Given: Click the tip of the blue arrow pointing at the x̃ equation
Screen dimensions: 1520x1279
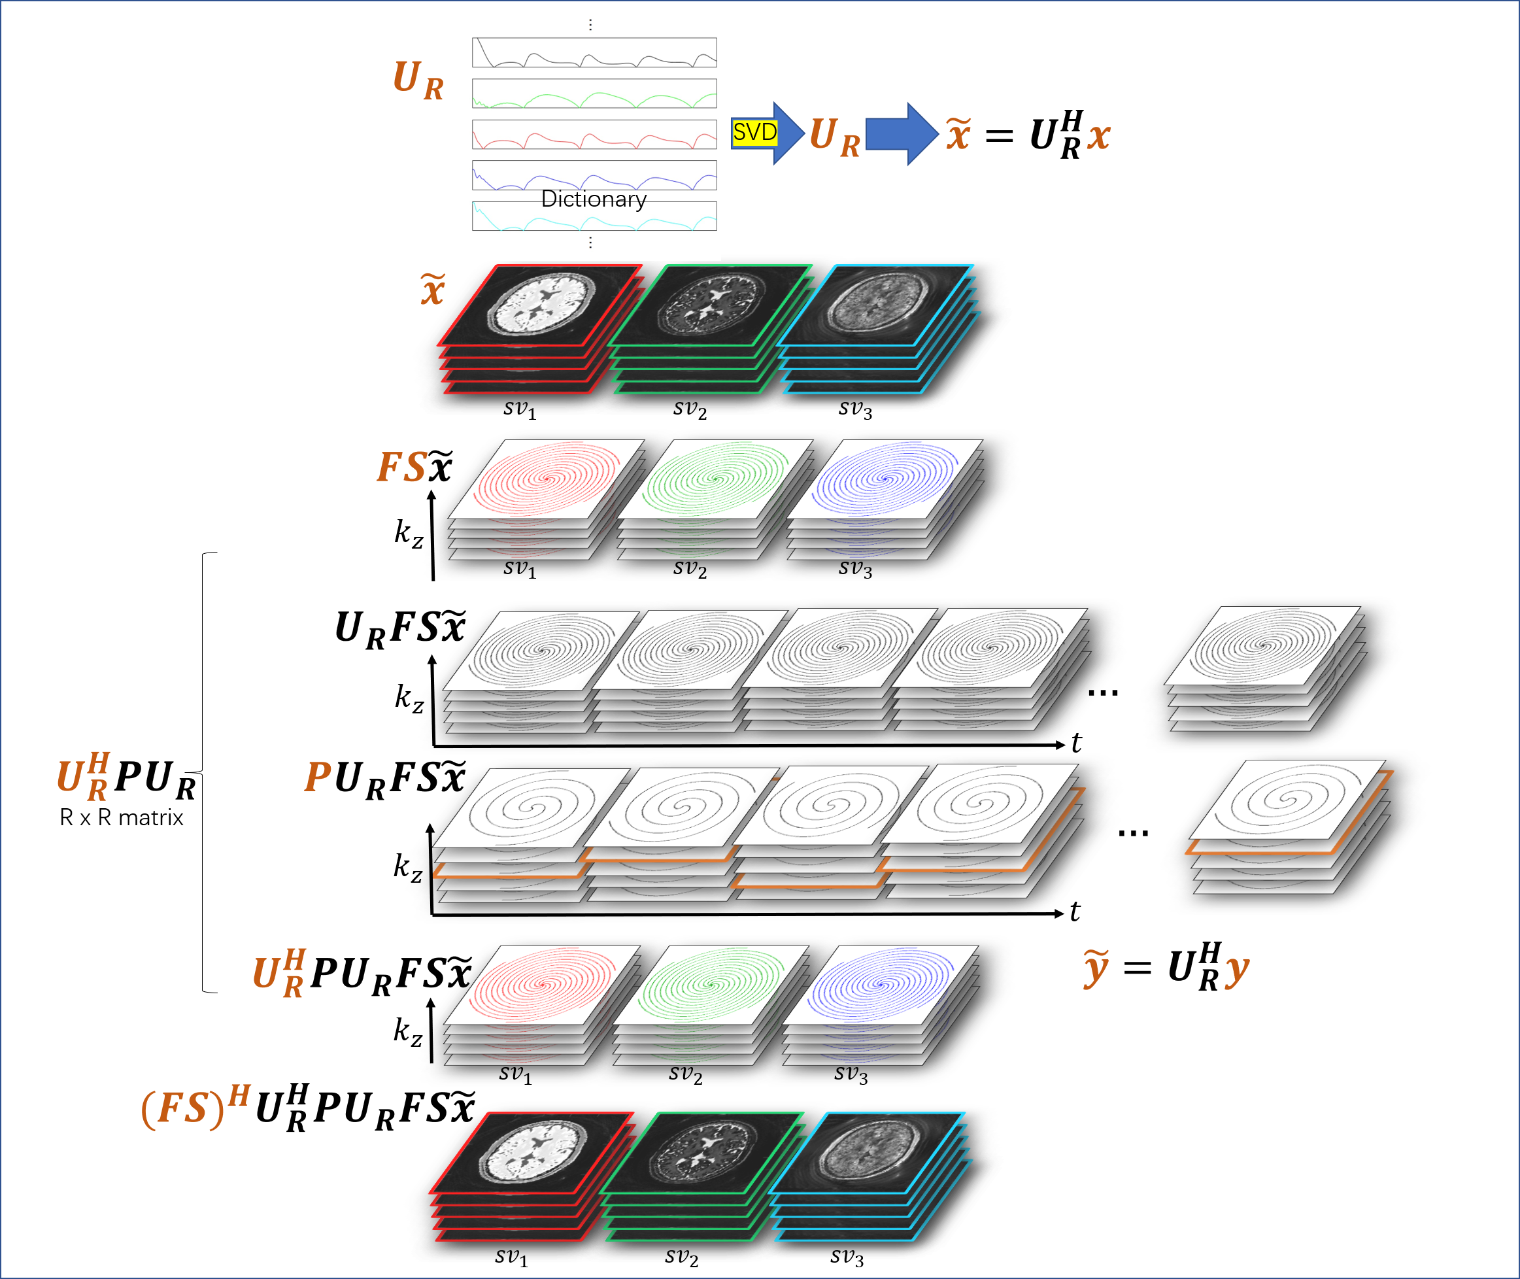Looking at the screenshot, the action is (939, 134).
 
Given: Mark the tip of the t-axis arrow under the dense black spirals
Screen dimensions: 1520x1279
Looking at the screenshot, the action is (1065, 745).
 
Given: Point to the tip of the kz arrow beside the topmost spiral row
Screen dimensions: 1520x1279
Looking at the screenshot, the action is (431, 491).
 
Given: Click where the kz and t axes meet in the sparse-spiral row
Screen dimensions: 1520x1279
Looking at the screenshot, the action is (432, 914).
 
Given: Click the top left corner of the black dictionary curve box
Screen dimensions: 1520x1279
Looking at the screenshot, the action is (473, 39).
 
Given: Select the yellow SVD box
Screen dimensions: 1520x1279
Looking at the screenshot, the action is (754, 133).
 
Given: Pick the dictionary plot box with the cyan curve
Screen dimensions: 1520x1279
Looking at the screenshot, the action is (594, 216).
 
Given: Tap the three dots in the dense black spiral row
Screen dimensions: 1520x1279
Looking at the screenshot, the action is (1102, 693).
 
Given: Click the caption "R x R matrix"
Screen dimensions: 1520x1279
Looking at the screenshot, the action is (122, 818).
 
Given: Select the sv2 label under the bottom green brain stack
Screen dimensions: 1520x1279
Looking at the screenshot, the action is (681, 1257).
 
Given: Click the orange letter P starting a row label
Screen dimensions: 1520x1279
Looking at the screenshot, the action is (318, 777).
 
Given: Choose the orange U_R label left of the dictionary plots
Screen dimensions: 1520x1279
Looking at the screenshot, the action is (418, 80).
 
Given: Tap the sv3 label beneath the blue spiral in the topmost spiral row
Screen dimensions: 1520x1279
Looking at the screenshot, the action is (855, 570).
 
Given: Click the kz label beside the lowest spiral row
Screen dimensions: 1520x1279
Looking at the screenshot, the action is (408, 1031).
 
